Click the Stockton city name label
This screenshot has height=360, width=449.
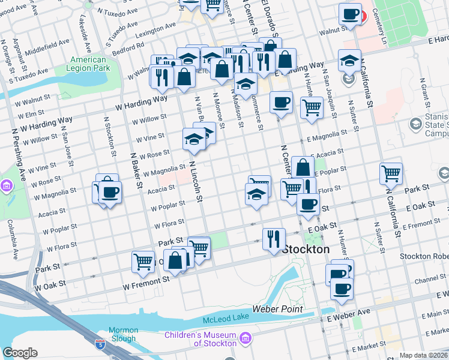pyautogui.click(x=306, y=249)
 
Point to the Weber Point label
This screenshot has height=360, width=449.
pyautogui.click(x=277, y=309)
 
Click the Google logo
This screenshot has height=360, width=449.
pyautogui.click(x=20, y=353)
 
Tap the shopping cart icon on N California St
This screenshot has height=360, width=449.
pyautogui.click(x=391, y=173)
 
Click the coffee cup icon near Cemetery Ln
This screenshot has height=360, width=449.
pyautogui.click(x=349, y=14)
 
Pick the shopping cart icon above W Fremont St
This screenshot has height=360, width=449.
pyautogui.click(x=143, y=262)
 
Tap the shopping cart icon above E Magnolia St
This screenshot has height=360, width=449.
pyautogui.click(x=311, y=108)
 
